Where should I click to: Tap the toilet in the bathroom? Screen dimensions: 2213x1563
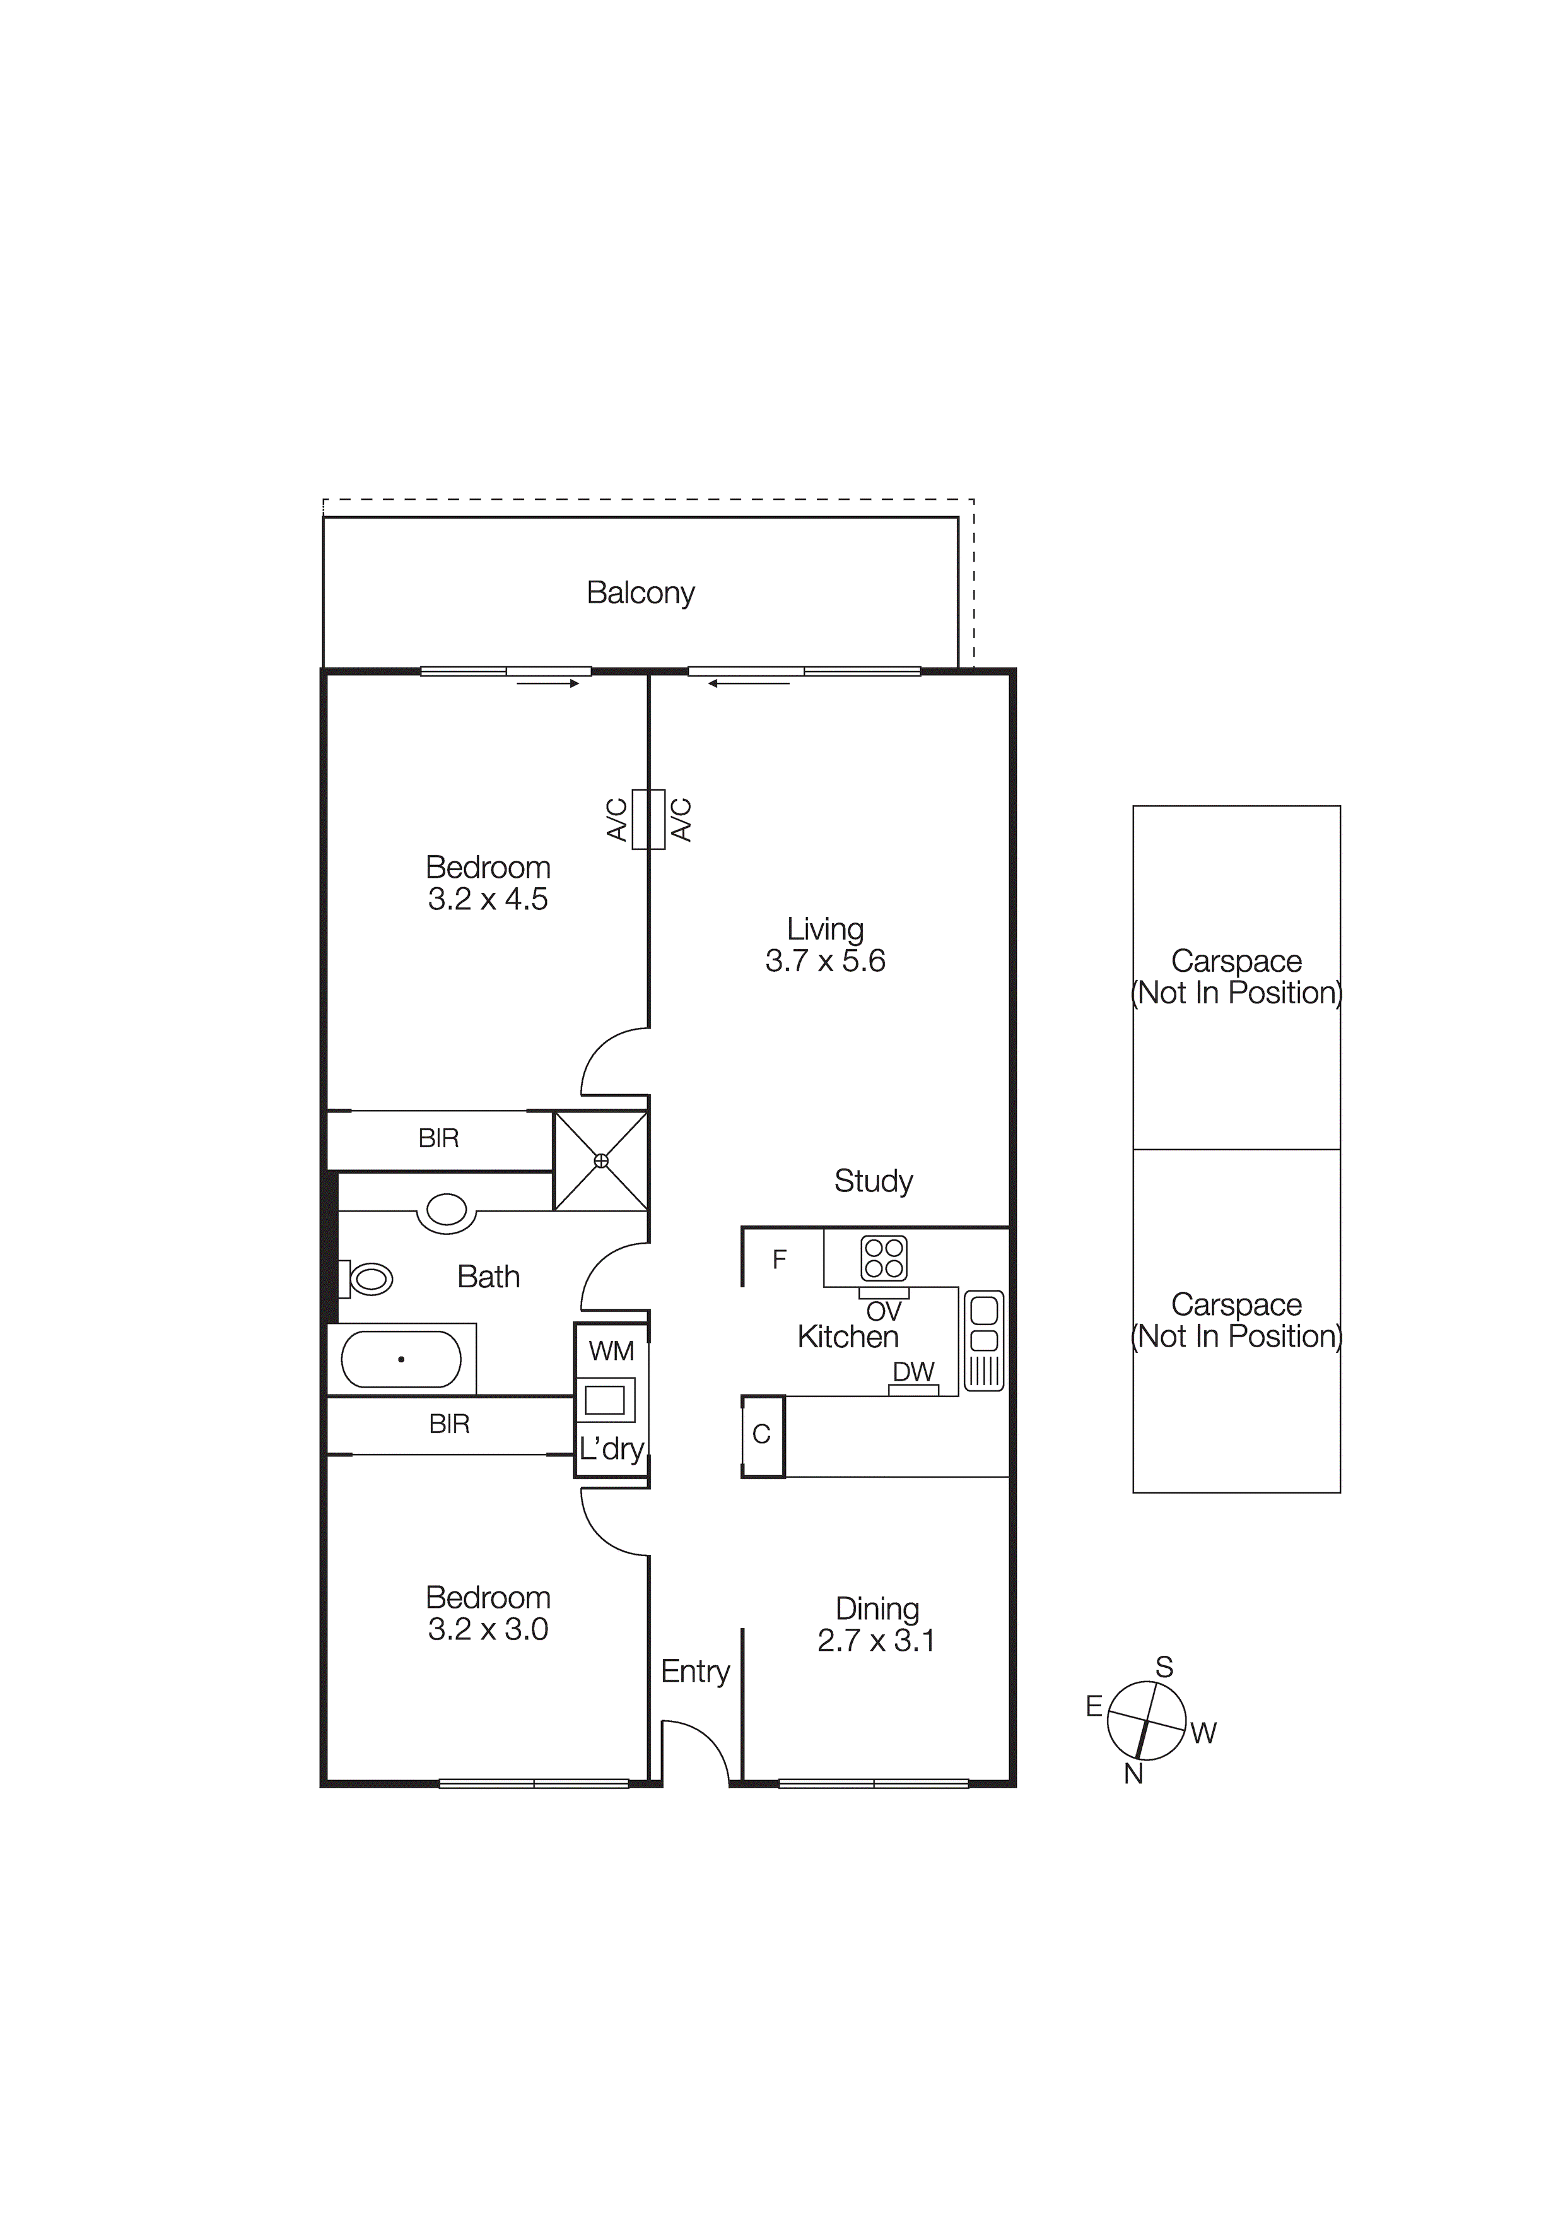click(370, 1279)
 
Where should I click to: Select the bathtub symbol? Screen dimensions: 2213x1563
click(402, 1359)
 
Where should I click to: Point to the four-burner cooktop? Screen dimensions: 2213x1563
click(884, 1258)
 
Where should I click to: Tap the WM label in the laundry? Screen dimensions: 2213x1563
click(611, 1351)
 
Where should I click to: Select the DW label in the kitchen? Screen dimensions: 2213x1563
click(913, 1372)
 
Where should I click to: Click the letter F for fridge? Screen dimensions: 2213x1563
click(780, 1259)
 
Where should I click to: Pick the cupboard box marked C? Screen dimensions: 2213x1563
click(762, 1435)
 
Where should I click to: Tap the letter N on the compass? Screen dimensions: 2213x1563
click(1133, 1773)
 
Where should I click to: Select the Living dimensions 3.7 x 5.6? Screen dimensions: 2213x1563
click(825, 961)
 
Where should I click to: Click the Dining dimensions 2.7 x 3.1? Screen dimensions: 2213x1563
click(876, 1641)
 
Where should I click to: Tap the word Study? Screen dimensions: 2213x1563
click(873, 1181)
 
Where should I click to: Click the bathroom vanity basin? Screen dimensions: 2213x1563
click(446, 1210)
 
